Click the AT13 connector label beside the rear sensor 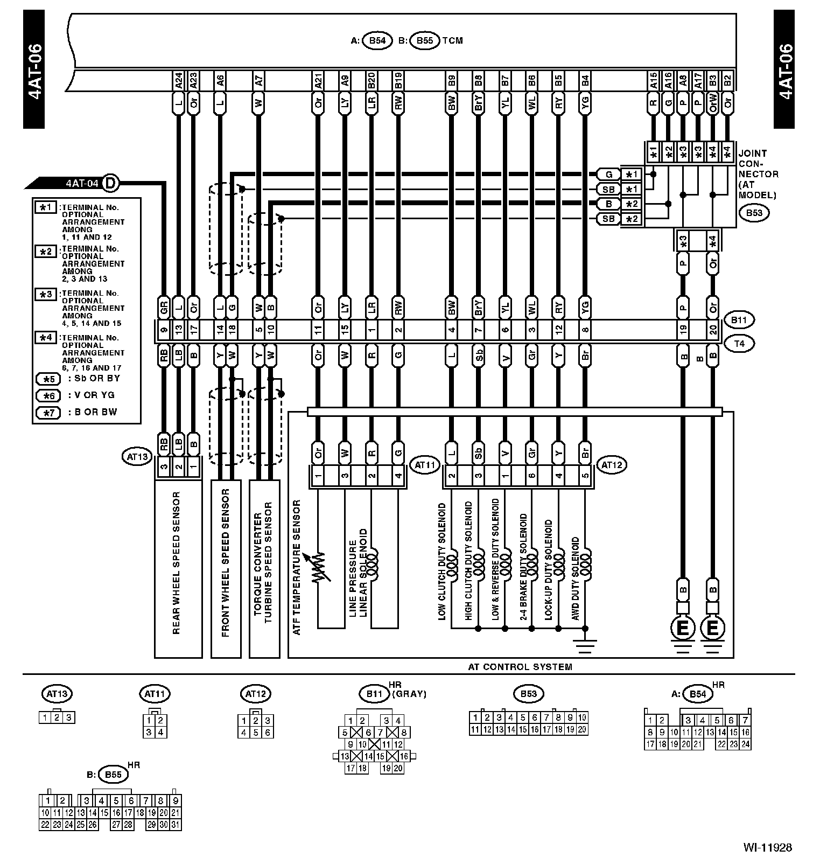pyautogui.click(x=137, y=457)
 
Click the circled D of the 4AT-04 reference pyautogui.click(x=110, y=183)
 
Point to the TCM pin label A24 pyautogui.click(x=179, y=81)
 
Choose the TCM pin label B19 pyautogui.click(x=398, y=81)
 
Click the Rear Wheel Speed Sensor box pyautogui.click(x=178, y=569)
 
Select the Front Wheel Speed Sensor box pyautogui.click(x=226, y=569)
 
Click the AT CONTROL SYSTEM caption pyautogui.click(x=520, y=666)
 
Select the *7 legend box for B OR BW pyautogui.click(x=48, y=413)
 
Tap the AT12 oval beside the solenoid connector pyautogui.click(x=612, y=464)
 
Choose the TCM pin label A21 pyautogui.click(x=318, y=81)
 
